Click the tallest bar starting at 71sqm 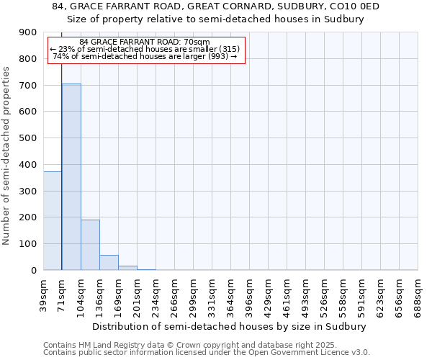point(71,176)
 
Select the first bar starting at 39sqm point(53,220)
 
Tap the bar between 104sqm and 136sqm point(90,245)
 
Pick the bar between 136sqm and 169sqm point(109,263)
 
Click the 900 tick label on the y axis point(29,32)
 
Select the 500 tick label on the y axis point(29,138)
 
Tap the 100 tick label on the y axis point(29,244)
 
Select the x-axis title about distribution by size point(230,326)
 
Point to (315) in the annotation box point(228,49)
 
